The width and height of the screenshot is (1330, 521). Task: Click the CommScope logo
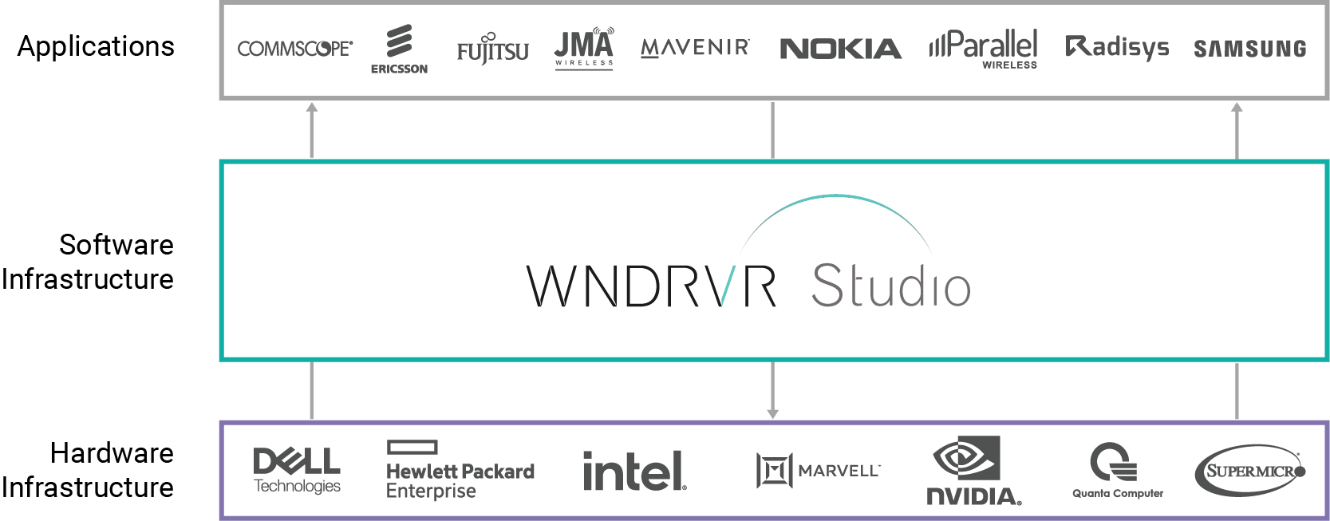point(294,49)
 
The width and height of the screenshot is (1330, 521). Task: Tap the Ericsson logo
point(399,49)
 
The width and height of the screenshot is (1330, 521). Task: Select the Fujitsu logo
point(492,50)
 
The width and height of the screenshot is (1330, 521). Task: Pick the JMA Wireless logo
point(584,49)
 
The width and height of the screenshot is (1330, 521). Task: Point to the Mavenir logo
point(695,49)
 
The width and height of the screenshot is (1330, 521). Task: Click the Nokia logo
point(840,49)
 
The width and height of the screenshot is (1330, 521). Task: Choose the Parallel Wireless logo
point(984,49)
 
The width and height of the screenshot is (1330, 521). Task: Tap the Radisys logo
point(1117,48)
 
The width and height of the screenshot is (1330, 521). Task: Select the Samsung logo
point(1249,49)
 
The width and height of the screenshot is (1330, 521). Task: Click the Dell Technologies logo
point(297,471)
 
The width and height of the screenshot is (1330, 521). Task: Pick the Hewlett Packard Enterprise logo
point(460,471)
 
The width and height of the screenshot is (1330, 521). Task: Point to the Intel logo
point(634,471)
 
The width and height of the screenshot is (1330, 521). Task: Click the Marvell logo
point(818,470)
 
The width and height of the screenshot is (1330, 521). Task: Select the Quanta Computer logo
point(1117,471)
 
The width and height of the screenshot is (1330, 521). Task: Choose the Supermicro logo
point(1250,471)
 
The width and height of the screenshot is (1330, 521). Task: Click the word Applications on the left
point(96,46)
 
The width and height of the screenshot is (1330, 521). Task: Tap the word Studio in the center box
point(890,286)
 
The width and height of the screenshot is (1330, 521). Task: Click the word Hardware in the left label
point(112,453)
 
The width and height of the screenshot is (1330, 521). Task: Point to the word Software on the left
point(116,245)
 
